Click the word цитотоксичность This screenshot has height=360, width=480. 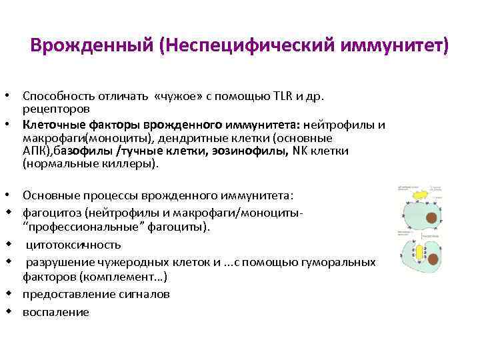pyautogui.click(x=74, y=244)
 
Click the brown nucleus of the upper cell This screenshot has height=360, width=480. pyautogui.click(x=432, y=217)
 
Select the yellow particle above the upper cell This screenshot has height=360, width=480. pyautogui.click(x=419, y=193)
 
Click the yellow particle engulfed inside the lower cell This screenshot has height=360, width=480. pyautogui.click(x=420, y=253)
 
